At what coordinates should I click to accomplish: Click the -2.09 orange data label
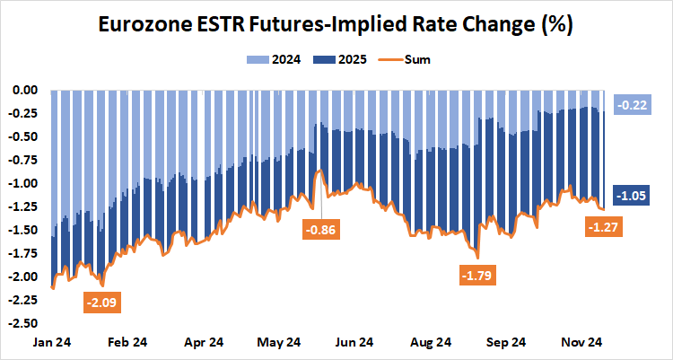(x=102, y=303)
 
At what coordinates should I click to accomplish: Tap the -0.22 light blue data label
(x=632, y=106)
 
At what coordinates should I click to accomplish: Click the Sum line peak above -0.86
(x=319, y=170)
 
